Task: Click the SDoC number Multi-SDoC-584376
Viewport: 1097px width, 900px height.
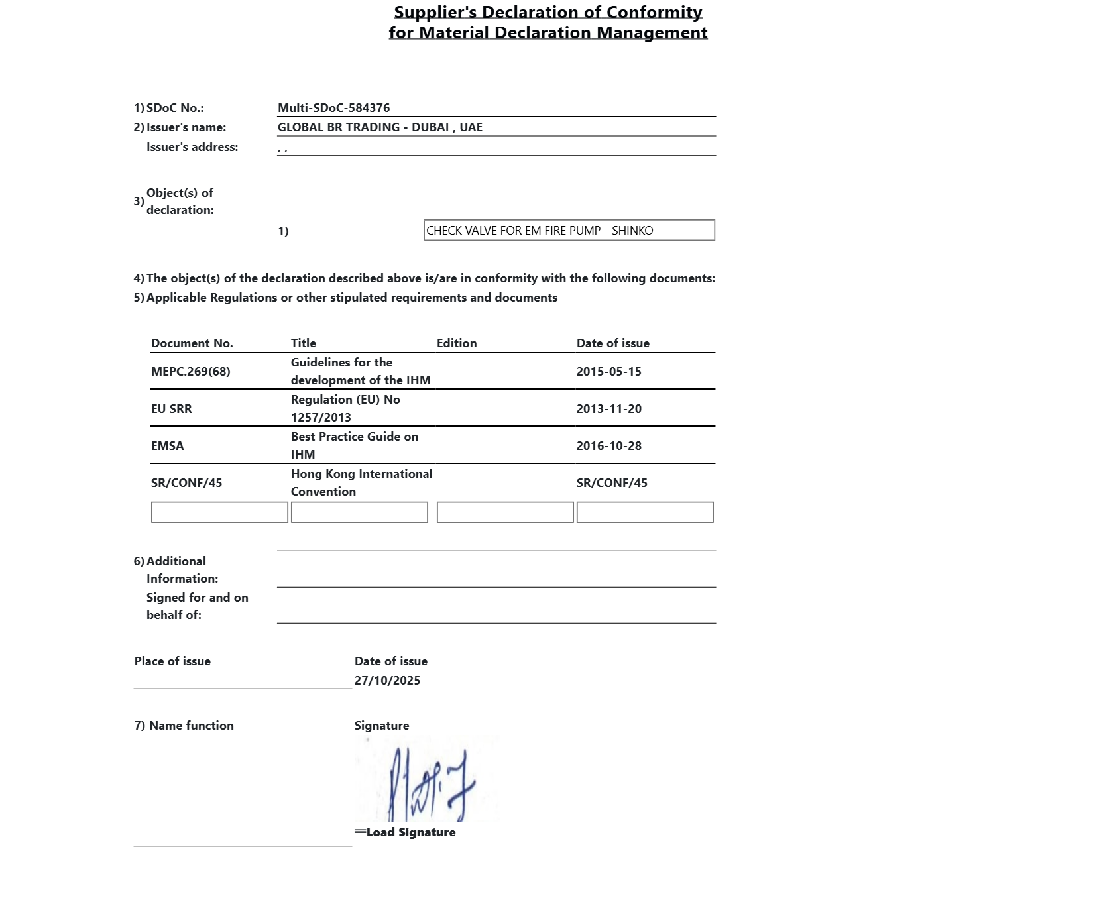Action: pos(333,108)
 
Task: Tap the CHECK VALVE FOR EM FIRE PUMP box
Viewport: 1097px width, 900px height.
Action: pos(569,231)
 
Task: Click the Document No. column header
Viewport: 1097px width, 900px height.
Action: pos(192,343)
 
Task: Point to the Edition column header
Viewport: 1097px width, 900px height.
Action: pos(457,343)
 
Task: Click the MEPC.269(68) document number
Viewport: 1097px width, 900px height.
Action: pos(191,372)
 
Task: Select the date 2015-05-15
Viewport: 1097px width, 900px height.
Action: pos(608,372)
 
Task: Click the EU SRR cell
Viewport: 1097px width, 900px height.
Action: pos(172,409)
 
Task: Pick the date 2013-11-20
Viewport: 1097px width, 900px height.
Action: pos(608,409)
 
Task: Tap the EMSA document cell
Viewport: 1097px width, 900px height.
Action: pos(168,446)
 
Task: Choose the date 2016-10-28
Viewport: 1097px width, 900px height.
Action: pos(608,446)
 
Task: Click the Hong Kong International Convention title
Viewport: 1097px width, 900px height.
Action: pos(361,482)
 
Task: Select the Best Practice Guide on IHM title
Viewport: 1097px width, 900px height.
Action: pos(354,445)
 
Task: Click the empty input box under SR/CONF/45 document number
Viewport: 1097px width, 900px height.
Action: pos(219,512)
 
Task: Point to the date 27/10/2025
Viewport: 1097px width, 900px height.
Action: pos(387,681)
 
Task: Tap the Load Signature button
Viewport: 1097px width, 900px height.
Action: pos(406,832)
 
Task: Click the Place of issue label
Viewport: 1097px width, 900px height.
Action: pos(172,661)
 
